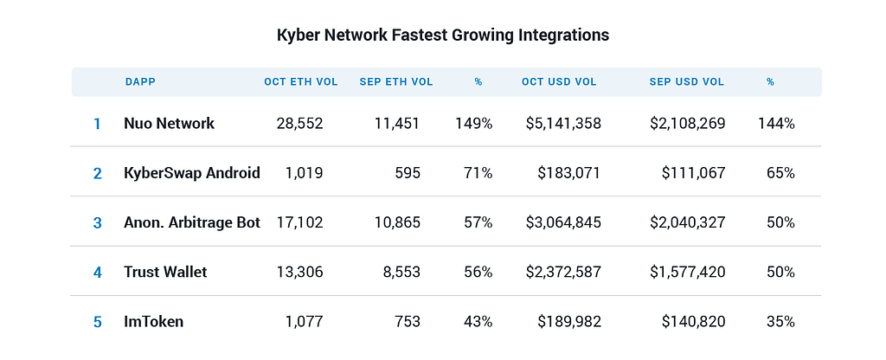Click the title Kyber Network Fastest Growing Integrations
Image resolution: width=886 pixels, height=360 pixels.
pyautogui.click(x=443, y=35)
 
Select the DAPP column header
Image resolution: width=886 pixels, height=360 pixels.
pyautogui.click(x=140, y=82)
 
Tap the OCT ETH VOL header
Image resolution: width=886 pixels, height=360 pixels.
pyautogui.click(x=300, y=82)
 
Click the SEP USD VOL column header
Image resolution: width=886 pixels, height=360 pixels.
pyautogui.click(x=686, y=82)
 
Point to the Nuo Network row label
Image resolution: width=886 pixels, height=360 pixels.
pyautogui.click(x=170, y=123)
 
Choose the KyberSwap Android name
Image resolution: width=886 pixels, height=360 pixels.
pyautogui.click(x=192, y=173)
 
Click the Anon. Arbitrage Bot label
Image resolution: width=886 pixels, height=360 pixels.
pyautogui.click(x=192, y=222)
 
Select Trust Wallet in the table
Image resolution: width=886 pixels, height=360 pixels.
pyautogui.click(x=165, y=273)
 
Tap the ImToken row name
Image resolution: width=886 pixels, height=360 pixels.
pyautogui.click(x=154, y=322)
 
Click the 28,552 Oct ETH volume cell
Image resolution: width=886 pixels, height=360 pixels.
pyautogui.click(x=300, y=124)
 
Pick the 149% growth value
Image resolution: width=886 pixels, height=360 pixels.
pyautogui.click(x=474, y=124)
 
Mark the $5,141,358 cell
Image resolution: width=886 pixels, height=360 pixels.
pyautogui.click(x=563, y=124)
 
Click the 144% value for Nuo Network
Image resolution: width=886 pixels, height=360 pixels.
pyautogui.click(x=776, y=124)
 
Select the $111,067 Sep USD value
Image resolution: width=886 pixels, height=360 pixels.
pyautogui.click(x=694, y=173)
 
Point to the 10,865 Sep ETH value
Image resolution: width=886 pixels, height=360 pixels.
pyautogui.click(x=397, y=223)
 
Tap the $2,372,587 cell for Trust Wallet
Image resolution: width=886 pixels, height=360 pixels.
pyautogui.click(x=563, y=273)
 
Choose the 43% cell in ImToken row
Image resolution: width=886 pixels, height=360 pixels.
pyautogui.click(x=478, y=322)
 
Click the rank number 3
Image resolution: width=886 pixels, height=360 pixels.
pyautogui.click(x=97, y=223)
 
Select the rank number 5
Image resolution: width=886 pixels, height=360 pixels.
pyautogui.click(x=97, y=323)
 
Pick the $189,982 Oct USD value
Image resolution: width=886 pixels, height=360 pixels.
pyautogui.click(x=569, y=322)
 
